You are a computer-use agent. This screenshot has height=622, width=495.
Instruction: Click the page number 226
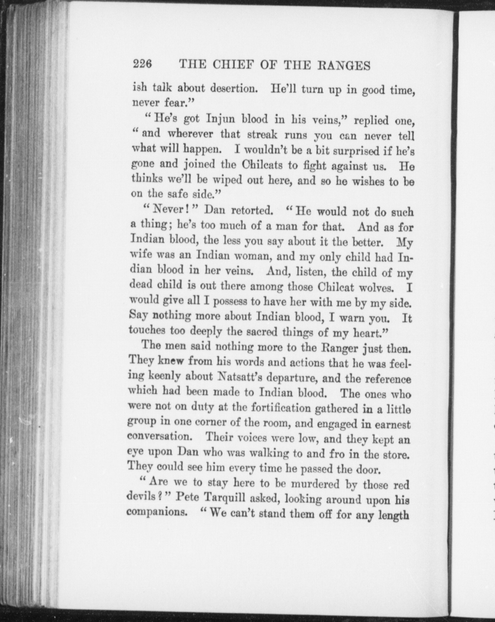[x=142, y=65]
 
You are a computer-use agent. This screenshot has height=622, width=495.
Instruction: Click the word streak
[x=262, y=134]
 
